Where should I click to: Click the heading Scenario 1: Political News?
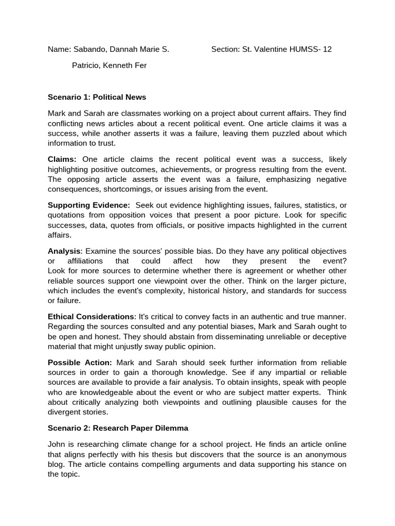point(97,97)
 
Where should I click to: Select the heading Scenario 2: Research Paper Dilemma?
point(118,428)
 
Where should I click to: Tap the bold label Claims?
point(62,160)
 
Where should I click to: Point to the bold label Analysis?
point(64,251)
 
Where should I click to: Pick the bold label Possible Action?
point(80,362)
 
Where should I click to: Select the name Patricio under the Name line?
point(84,66)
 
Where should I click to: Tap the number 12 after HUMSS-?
point(327,50)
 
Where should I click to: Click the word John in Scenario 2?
point(57,444)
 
